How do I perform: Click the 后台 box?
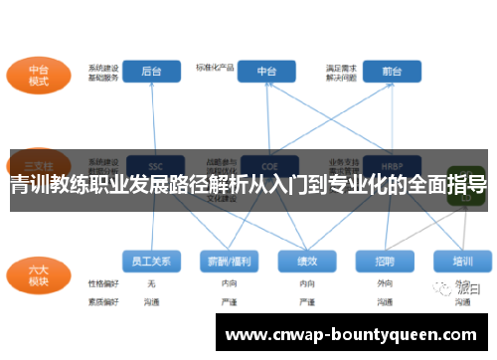point(152,71)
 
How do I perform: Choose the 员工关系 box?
point(152,262)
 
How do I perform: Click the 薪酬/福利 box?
point(229,262)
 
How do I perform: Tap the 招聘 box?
point(385,262)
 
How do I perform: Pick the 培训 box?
point(462,262)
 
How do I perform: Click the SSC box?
point(155,166)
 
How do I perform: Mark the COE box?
point(266,166)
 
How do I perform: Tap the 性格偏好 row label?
point(103,283)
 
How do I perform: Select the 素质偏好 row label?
point(103,299)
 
